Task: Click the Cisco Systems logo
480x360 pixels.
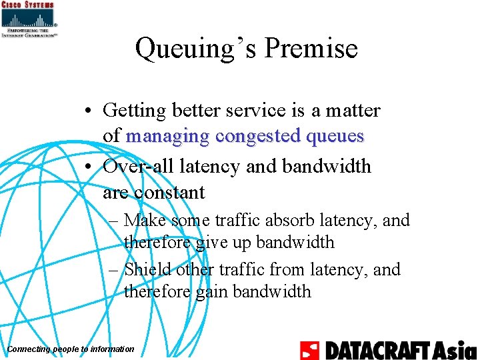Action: pos(29,18)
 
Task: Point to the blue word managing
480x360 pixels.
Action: pos(167,136)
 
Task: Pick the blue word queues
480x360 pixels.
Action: pos(335,136)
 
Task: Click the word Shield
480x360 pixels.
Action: pos(148,269)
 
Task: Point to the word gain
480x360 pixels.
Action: pos(211,291)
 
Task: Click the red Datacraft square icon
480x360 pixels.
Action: pos(310,350)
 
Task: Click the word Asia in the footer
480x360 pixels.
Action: pos(455,350)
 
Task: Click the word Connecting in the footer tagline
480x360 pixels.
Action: pos(26,349)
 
